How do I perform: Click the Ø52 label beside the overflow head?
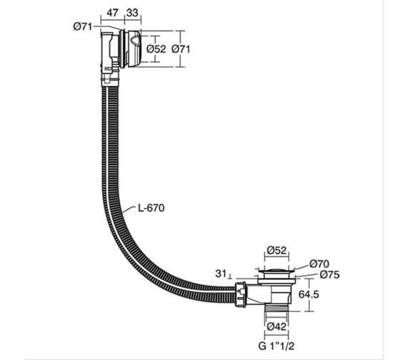click(x=156, y=49)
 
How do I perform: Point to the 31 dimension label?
click(x=221, y=274)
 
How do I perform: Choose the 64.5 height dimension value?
click(x=328, y=294)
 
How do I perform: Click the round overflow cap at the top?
click(x=131, y=48)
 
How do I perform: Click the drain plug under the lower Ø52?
click(x=276, y=271)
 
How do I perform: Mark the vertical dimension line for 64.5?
click(x=308, y=294)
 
